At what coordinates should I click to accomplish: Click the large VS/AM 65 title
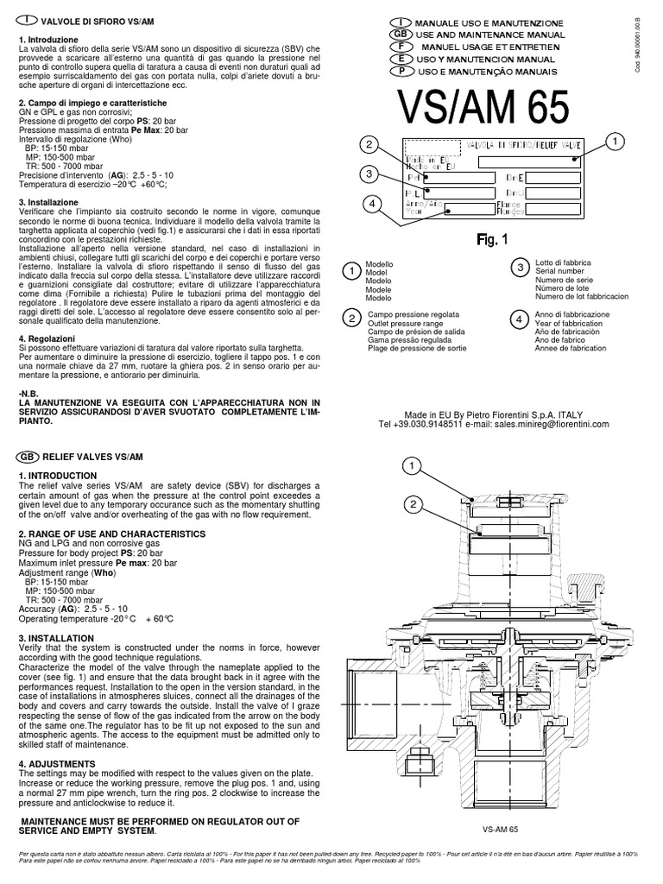483,110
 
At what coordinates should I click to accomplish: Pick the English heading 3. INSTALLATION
57,637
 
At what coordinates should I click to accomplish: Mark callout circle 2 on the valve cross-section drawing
414,504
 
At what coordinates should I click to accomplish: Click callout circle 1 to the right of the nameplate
615,141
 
